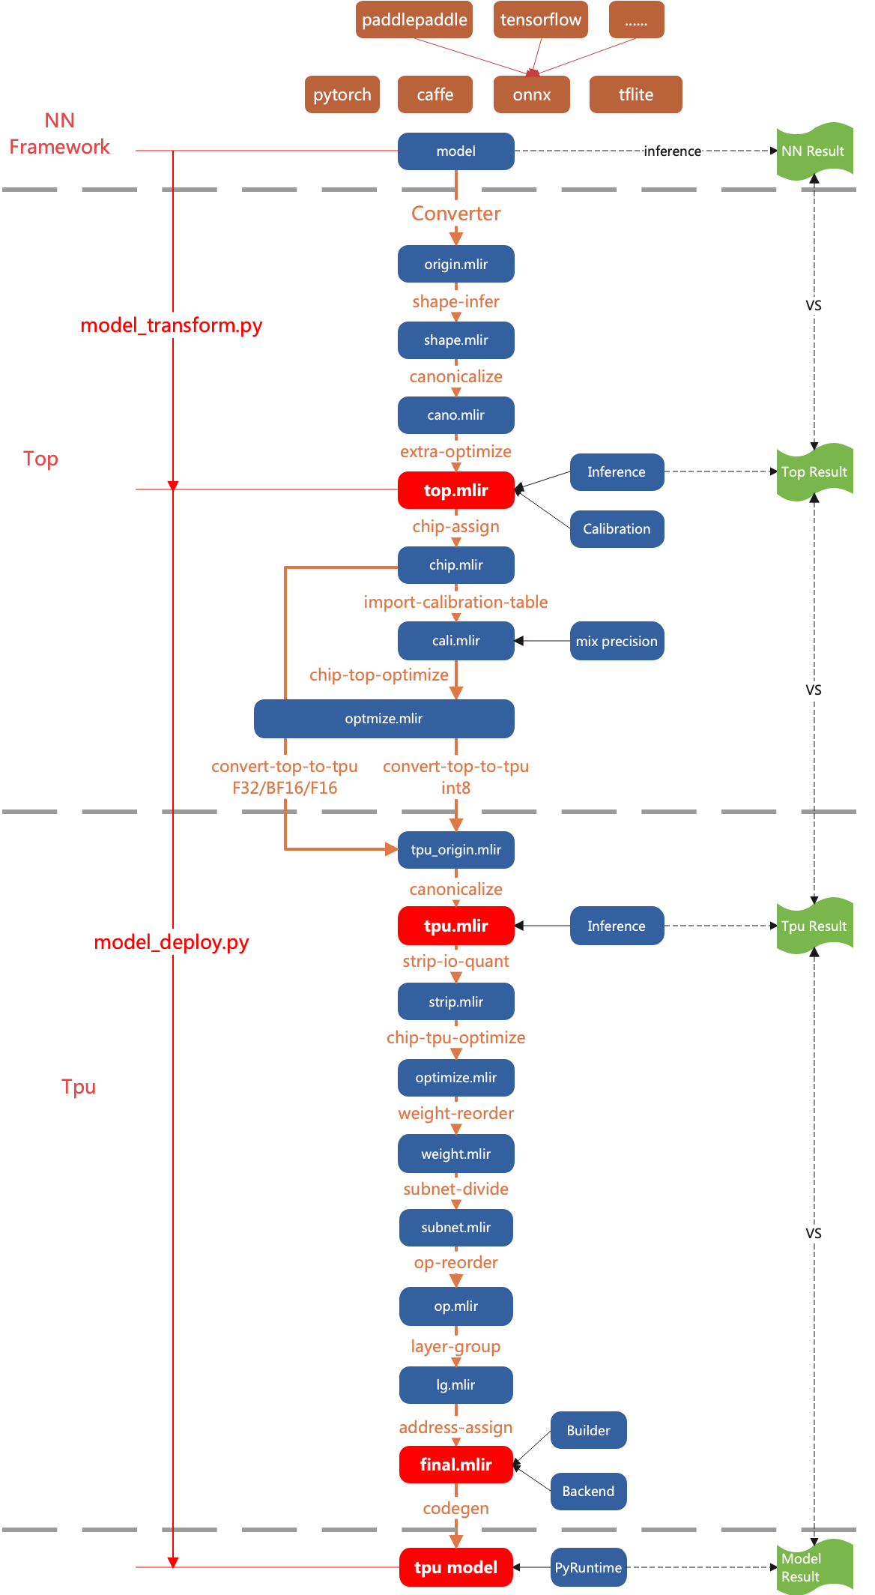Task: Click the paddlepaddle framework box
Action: [414, 19]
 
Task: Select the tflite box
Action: [635, 94]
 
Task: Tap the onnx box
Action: [532, 95]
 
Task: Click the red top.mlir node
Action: [455, 490]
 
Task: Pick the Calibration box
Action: [617, 529]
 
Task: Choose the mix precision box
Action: [617, 642]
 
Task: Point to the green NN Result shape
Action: [814, 151]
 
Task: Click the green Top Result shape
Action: [814, 472]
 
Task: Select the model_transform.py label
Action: [172, 325]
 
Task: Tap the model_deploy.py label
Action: [172, 942]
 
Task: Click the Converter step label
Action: [456, 214]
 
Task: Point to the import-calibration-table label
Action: [455, 602]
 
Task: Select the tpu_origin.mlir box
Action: [455, 850]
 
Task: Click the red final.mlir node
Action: [455, 1465]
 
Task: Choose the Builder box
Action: [588, 1431]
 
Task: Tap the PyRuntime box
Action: [588, 1568]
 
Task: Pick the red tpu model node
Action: [455, 1567]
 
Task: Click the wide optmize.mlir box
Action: [384, 719]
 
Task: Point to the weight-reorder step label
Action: [455, 1114]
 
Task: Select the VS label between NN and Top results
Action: [814, 306]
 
